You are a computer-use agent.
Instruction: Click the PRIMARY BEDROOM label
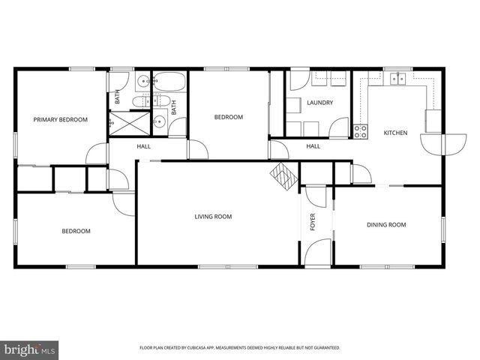pos(60,119)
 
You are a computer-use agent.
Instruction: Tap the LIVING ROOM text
pos(213,217)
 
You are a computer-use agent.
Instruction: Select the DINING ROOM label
pos(385,224)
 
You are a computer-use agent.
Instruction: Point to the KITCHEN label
pos(395,133)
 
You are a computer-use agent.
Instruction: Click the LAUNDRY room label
pos(319,103)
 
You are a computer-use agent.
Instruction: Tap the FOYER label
pos(313,222)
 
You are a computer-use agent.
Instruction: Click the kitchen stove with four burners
pos(361,130)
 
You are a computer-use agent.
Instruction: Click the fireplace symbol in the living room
pos(284,175)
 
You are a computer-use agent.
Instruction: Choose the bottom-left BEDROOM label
pos(76,231)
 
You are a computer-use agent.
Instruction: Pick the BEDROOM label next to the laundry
pos(228,117)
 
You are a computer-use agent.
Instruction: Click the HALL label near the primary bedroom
pos(143,146)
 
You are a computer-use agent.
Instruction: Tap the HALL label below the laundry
pos(313,146)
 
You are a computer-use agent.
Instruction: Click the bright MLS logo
pos(30,349)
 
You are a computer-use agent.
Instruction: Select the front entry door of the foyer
pos(318,251)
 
